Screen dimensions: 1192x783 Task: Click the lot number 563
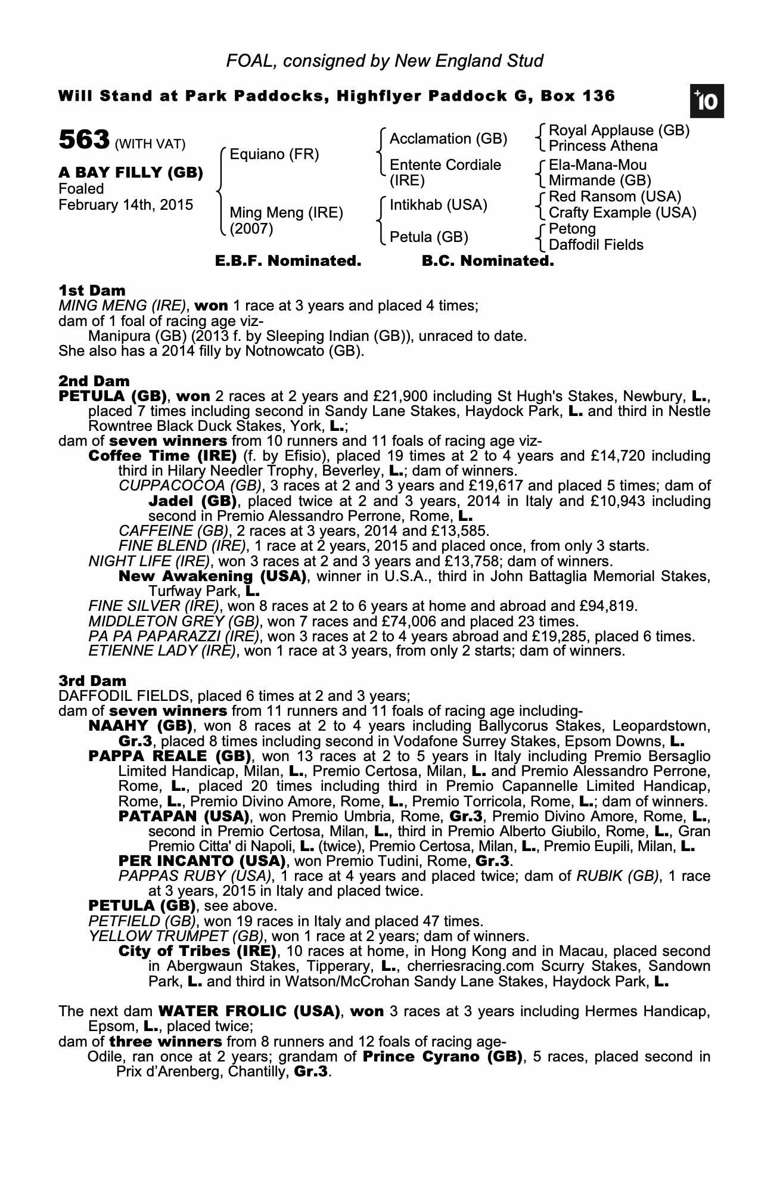point(84,140)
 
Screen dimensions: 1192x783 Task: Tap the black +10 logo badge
point(707,101)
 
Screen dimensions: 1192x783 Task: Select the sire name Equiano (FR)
point(274,155)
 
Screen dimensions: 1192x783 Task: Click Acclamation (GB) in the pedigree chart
point(448,139)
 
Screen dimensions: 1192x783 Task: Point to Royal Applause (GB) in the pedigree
point(619,131)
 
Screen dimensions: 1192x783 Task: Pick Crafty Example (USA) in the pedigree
point(622,213)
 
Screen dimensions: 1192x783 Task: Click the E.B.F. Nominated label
point(288,261)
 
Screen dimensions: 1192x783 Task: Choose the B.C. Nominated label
point(487,261)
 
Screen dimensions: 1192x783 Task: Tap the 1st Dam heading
point(92,291)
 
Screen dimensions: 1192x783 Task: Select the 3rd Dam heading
point(92,681)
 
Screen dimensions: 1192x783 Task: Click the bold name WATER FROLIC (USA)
point(249,1011)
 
